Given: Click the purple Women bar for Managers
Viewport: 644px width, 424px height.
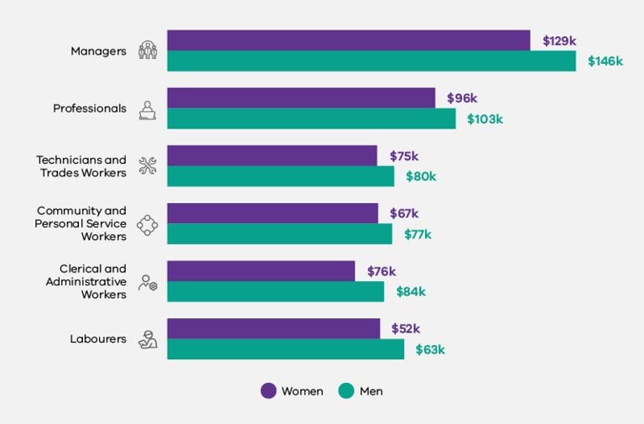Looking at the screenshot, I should click(x=348, y=40).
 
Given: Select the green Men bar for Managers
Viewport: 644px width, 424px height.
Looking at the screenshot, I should click(x=371, y=61).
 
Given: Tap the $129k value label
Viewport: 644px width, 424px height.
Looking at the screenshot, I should click(x=559, y=40).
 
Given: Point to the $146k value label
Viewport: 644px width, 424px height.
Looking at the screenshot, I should click(x=605, y=61).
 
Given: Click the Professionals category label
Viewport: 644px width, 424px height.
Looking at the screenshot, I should click(x=90, y=108).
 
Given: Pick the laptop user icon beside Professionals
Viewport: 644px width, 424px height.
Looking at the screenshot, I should click(x=148, y=108).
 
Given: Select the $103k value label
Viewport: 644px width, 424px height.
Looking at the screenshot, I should click(x=485, y=119).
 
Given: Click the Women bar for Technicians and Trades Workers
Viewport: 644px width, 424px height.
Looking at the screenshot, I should click(x=272, y=155).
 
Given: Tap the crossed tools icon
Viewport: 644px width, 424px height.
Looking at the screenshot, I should click(x=148, y=166).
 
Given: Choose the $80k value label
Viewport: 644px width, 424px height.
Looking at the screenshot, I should click(x=421, y=176).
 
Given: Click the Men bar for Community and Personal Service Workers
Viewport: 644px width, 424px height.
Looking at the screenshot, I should click(x=279, y=234).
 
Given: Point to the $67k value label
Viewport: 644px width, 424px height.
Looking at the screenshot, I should click(x=404, y=213).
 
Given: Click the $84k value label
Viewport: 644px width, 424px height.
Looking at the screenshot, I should click(x=411, y=291).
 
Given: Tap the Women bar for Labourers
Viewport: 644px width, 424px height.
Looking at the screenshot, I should click(x=273, y=328).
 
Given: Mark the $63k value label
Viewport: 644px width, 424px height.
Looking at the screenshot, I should click(x=430, y=349).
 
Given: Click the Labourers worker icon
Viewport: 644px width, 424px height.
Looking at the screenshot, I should click(x=148, y=339).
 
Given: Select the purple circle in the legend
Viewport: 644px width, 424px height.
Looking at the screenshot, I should click(x=268, y=390).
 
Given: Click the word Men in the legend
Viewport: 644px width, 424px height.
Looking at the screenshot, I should click(x=371, y=391).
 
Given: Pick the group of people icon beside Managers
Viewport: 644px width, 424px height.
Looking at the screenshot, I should click(x=148, y=50).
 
